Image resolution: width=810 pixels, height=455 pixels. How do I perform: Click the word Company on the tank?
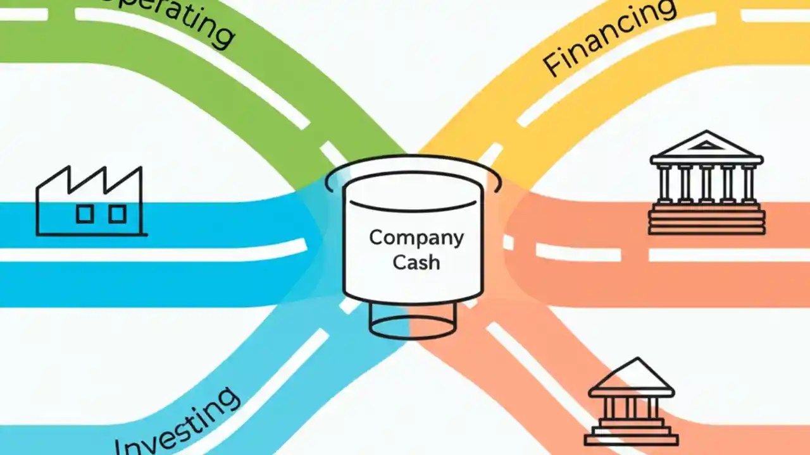416,238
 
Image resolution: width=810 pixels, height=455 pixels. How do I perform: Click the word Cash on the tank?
416,262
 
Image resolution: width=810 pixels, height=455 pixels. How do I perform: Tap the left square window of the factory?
84,214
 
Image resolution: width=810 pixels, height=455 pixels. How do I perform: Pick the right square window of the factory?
117,214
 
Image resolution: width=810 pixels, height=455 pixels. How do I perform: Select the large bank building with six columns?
706,183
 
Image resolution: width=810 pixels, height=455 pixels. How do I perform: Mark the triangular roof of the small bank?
631,377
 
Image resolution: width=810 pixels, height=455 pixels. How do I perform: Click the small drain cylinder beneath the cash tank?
412,322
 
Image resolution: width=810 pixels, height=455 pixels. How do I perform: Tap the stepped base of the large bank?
706,222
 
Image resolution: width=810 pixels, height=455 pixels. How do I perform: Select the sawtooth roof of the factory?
89,179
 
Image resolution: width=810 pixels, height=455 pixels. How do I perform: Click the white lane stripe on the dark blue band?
152,253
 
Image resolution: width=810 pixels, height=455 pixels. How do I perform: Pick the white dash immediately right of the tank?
508,242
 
